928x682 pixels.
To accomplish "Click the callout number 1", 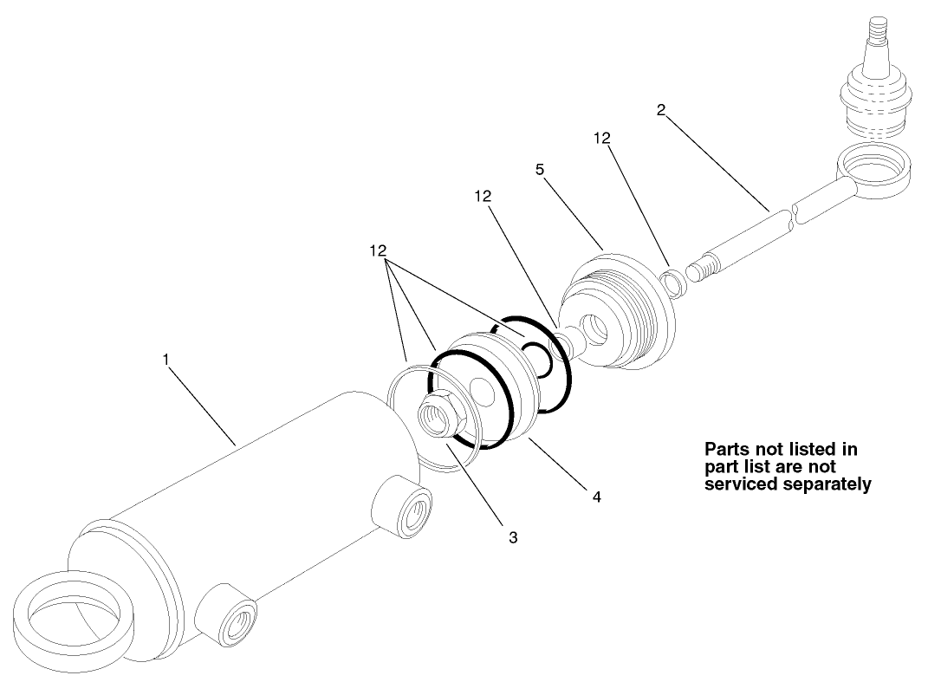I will coord(165,357).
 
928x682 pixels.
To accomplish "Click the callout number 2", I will coord(661,110).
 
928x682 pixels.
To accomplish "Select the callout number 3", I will coord(513,537).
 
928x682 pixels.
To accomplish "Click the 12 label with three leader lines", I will coord(377,250).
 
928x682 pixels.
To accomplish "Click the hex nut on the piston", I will coord(437,413).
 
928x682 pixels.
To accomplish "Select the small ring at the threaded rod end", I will coord(671,283).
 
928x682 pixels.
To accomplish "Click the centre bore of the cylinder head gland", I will coord(600,328).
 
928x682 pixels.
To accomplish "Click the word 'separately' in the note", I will coord(823,484).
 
